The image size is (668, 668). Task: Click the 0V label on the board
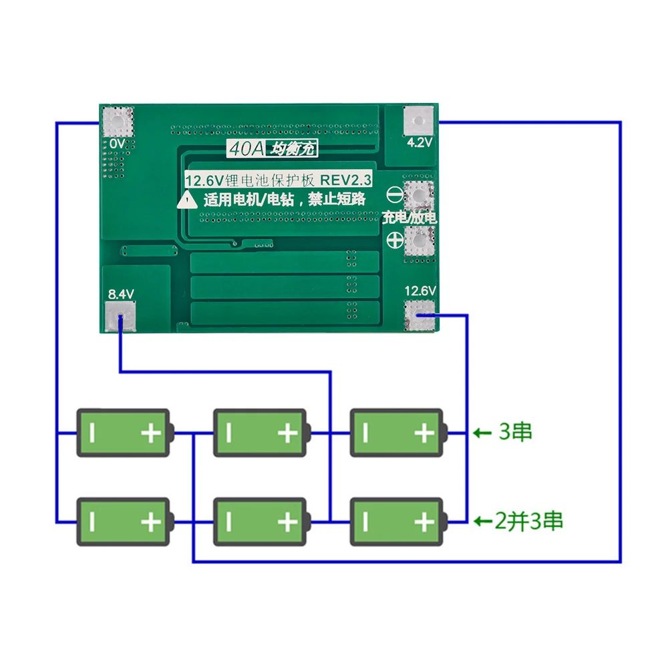117,144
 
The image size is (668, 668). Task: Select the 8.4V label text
121,293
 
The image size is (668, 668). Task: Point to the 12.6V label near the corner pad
420,291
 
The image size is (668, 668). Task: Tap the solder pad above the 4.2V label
419,122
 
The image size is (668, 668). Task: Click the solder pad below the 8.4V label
120,315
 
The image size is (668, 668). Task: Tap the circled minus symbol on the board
394,196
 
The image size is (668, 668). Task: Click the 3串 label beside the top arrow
516,432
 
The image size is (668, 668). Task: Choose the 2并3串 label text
529,520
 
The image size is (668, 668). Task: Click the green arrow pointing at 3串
482,433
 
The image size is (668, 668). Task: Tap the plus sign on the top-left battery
151,434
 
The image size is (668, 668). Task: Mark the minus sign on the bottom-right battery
365,521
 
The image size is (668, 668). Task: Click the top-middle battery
261,433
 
